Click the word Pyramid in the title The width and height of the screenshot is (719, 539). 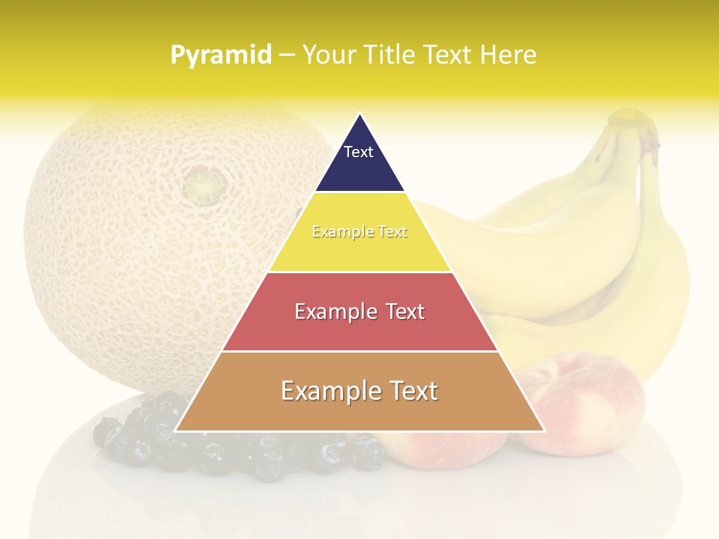[x=220, y=55]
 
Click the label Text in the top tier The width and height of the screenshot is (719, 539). [x=359, y=152]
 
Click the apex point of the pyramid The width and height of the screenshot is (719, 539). [x=359, y=114]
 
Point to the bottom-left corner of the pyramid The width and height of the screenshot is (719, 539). [x=176, y=430]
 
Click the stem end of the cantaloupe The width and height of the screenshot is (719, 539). [x=204, y=182]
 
